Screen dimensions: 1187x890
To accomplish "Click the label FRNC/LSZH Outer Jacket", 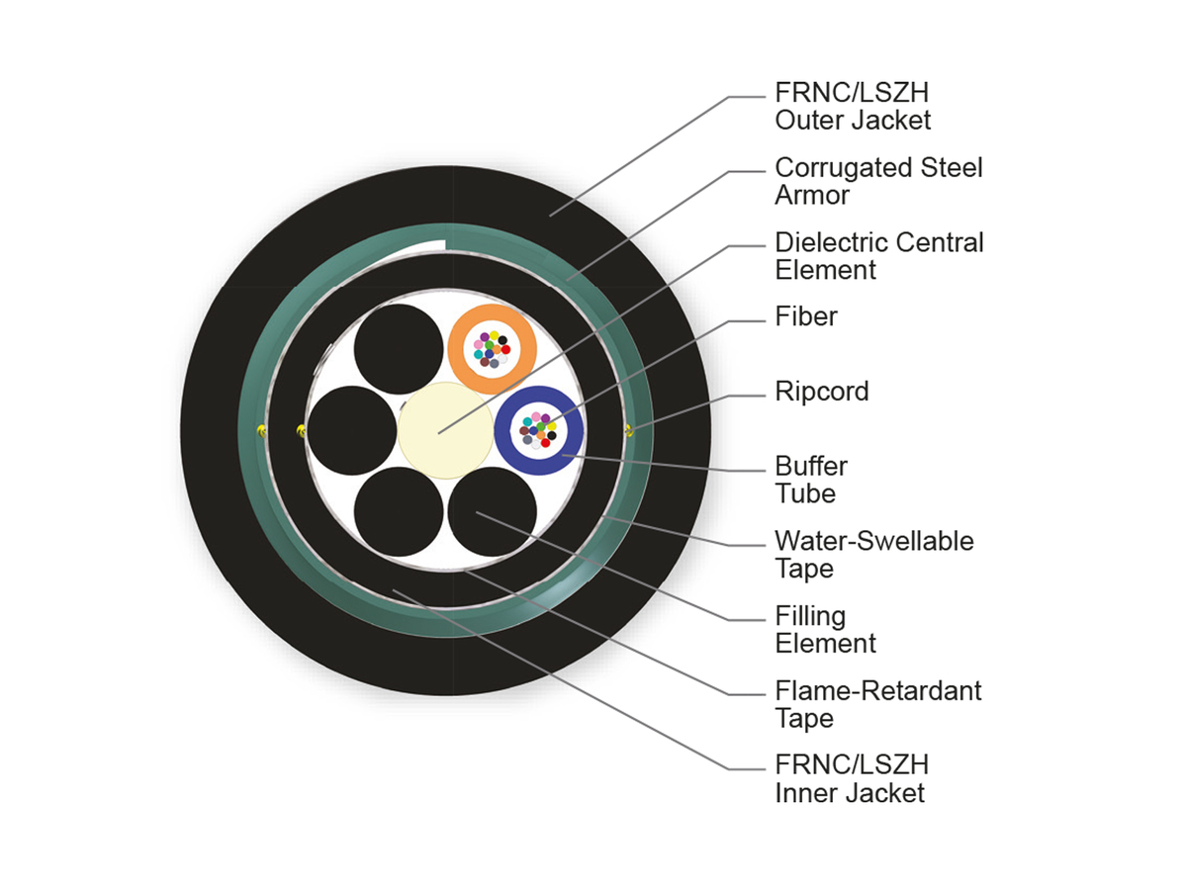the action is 853,107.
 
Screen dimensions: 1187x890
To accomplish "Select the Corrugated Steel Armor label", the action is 878,182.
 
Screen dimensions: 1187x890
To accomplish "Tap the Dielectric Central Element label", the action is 878,256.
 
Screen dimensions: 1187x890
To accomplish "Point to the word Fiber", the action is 806,316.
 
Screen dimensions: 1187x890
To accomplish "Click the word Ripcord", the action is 821,392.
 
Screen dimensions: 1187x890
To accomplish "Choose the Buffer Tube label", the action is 810,480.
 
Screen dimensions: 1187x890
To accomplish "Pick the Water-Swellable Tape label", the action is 873,555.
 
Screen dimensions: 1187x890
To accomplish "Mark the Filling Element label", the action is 825,630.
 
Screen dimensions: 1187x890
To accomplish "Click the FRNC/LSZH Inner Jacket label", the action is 852,779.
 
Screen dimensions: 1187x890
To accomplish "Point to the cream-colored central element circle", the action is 445,430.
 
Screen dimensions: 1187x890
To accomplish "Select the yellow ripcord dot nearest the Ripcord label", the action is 629,430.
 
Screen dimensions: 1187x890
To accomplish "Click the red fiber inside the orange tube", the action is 505,350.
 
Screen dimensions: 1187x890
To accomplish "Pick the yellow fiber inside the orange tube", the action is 494,335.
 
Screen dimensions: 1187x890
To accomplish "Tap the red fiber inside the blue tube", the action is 545,443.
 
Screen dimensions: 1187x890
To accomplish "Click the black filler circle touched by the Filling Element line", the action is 492,511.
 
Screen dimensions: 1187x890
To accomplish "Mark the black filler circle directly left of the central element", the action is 352,431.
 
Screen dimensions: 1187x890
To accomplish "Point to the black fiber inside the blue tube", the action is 552,435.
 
